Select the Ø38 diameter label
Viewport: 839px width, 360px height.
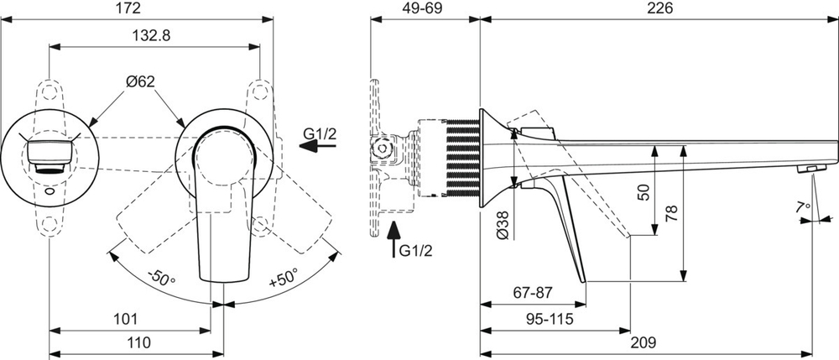point(503,224)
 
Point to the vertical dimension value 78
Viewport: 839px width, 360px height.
point(670,213)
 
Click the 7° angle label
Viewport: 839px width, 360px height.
point(805,206)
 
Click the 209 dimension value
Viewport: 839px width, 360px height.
point(643,342)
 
